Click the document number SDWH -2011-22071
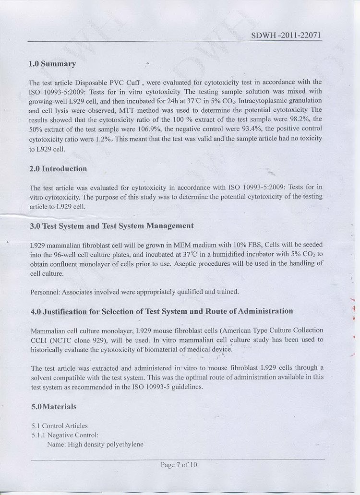[x=286, y=36]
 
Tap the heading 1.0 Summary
[x=52, y=63]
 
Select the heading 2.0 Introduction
[x=58, y=169]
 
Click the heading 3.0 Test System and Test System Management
[x=112, y=225]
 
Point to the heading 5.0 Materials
[x=54, y=406]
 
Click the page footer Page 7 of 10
[x=179, y=464]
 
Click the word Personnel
[x=45, y=292]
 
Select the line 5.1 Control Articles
[x=60, y=425]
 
